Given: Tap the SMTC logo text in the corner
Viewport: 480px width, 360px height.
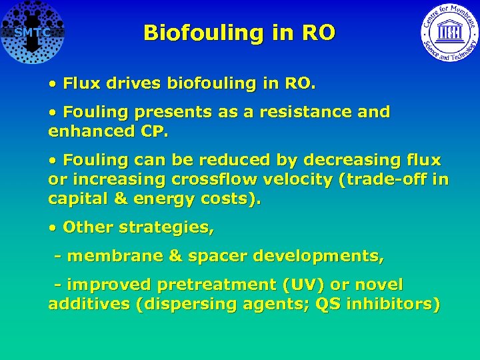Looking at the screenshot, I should tap(32, 33).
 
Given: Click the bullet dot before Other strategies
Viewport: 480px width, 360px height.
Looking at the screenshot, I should tap(53, 227).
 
